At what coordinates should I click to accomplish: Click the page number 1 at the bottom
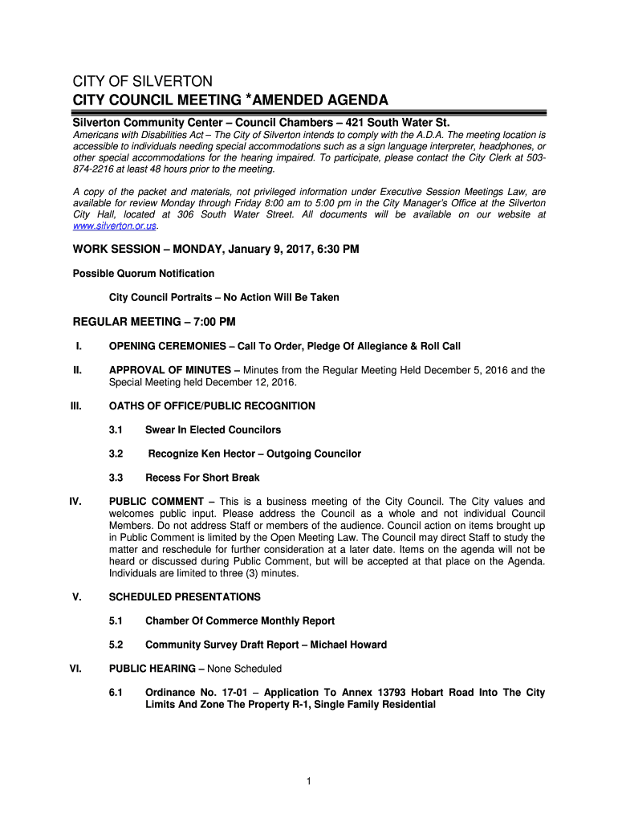(x=308, y=779)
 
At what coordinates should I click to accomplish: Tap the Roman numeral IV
(x=75, y=502)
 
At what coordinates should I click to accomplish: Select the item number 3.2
(x=116, y=454)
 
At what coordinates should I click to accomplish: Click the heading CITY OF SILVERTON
(x=143, y=81)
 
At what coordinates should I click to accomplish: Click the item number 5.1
(x=116, y=621)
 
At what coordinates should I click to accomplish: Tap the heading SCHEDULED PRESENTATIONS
(x=185, y=596)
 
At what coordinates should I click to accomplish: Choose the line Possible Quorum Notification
(x=144, y=274)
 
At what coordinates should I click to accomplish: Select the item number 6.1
(x=116, y=693)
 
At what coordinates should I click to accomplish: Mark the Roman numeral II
(x=77, y=370)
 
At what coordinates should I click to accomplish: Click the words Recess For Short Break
(x=202, y=478)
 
